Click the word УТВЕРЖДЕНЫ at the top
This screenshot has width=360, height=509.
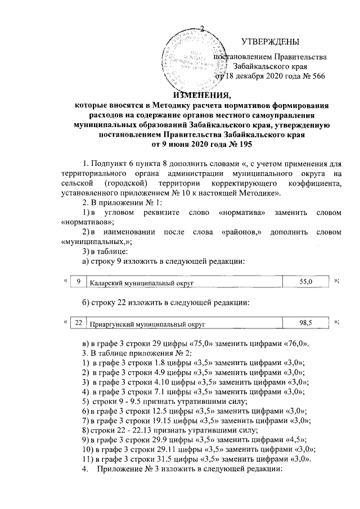[x=270, y=42]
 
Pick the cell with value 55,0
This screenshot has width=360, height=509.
[x=305, y=281]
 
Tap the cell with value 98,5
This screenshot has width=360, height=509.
[x=305, y=323]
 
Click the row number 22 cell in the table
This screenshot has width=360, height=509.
[x=79, y=323]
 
